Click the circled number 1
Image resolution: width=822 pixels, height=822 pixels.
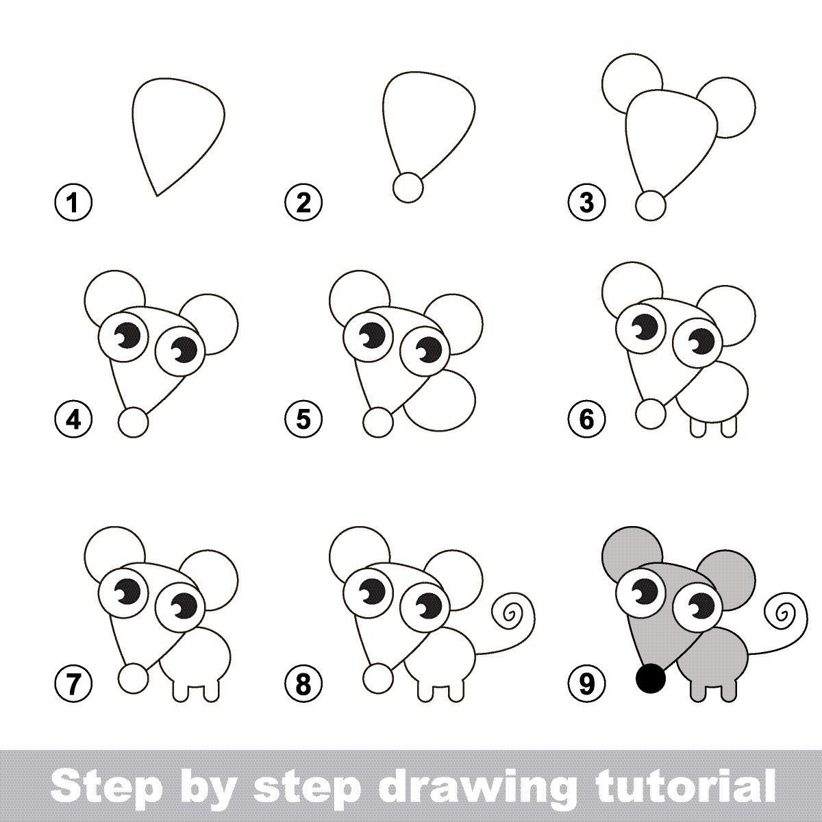click(73, 203)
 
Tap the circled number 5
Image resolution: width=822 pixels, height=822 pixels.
click(303, 419)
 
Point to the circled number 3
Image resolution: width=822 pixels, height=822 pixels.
click(587, 203)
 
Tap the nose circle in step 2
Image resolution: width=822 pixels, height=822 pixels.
click(408, 187)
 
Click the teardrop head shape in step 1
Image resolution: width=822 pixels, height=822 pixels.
click(179, 136)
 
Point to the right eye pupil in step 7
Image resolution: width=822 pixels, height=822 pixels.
click(184, 606)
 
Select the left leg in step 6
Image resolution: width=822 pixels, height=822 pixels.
click(698, 427)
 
